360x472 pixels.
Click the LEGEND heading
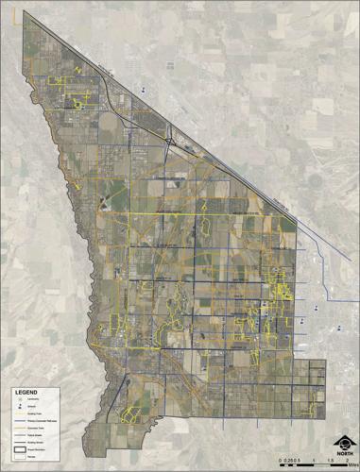pyautogui.click(x=26, y=393)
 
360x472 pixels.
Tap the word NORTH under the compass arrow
pyautogui.click(x=345, y=454)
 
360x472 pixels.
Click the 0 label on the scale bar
pyautogui.click(x=281, y=461)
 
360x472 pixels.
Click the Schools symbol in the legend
pyautogui.click(x=20, y=406)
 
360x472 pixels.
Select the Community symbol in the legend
pyautogui.click(x=20, y=399)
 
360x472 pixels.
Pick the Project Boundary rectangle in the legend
pyautogui.click(x=21, y=449)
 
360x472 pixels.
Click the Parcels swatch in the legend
pyautogui.click(x=21, y=457)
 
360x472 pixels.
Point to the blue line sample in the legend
pyautogui.click(x=21, y=420)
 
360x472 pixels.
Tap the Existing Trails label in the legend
pyautogui.click(x=34, y=413)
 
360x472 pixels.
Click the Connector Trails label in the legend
pyautogui.click(x=36, y=428)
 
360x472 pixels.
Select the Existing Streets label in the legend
pyautogui.click(x=35, y=442)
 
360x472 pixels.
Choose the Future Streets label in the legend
pyautogui.click(x=34, y=435)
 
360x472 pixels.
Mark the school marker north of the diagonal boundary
pyautogui.click(x=144, y=90)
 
